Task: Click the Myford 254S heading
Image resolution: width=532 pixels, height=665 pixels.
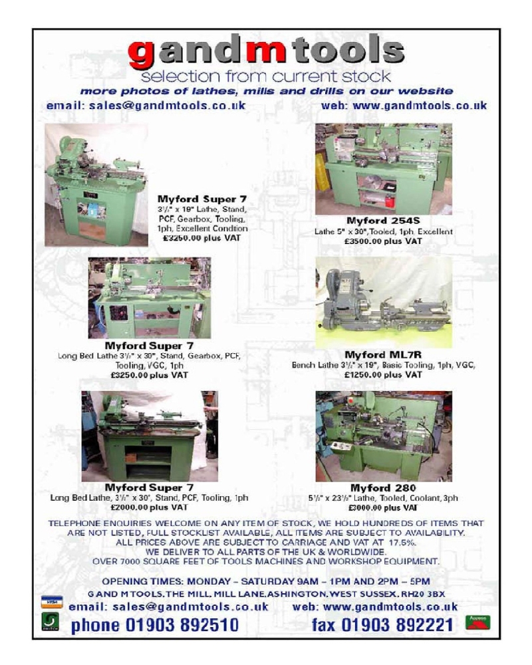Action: pos(384,221)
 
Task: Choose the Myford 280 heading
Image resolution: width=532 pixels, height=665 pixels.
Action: pos(383,487)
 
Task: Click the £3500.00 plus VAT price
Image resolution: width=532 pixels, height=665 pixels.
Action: pos(384,241)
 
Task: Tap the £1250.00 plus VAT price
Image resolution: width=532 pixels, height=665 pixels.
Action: pos(384,375)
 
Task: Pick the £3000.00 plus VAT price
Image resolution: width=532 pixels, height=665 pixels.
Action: pos(384,508)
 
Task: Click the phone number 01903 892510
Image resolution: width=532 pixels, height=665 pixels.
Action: pos(154,625)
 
